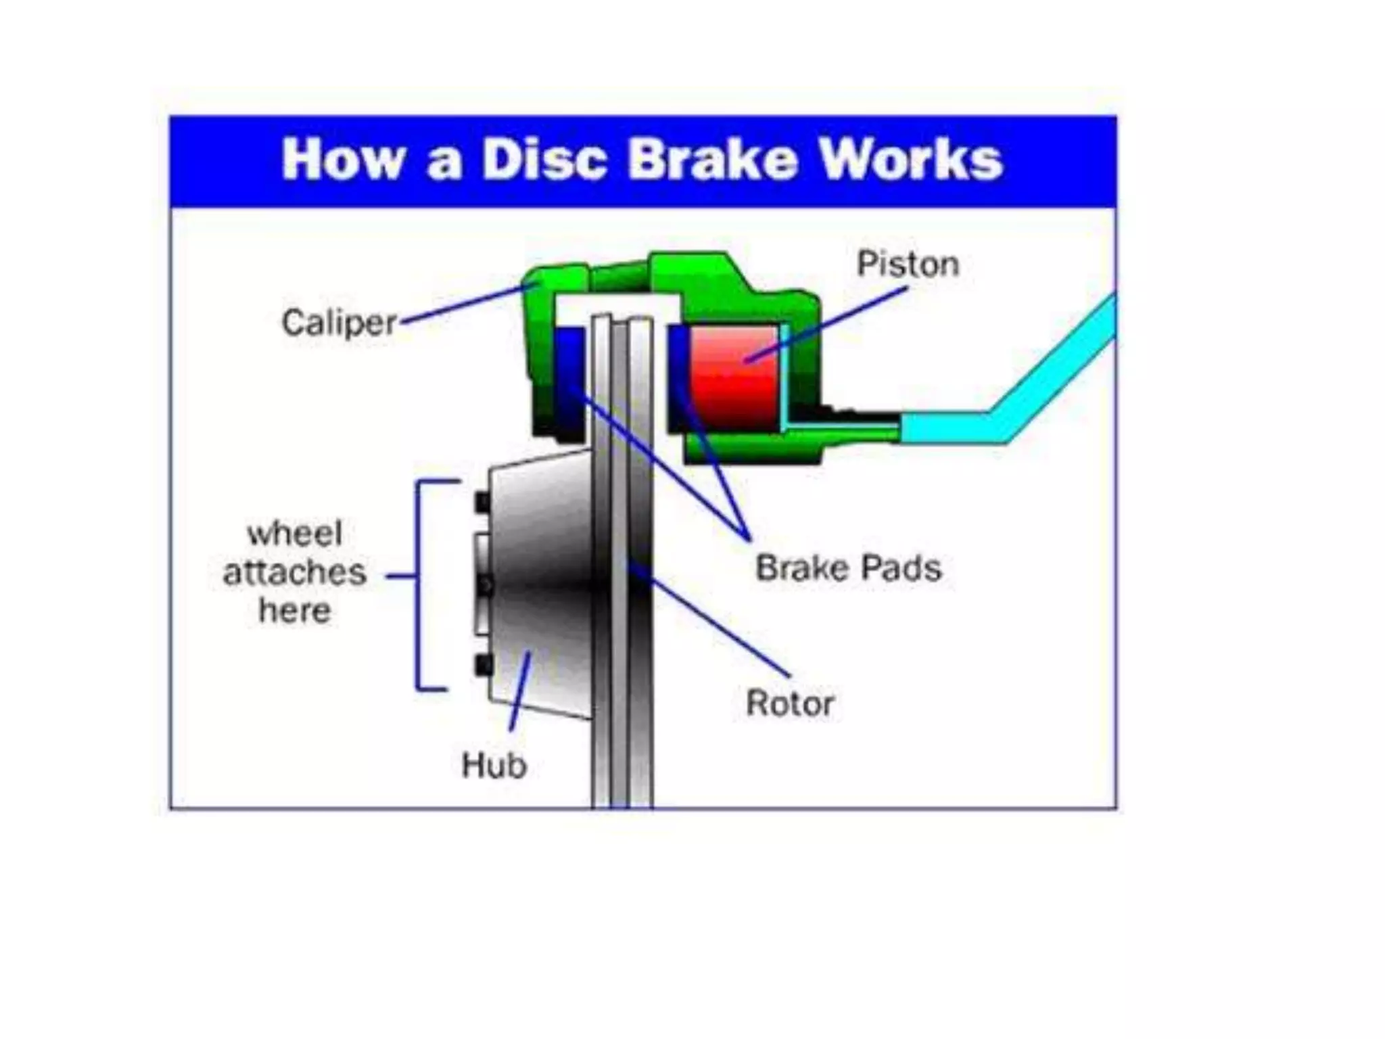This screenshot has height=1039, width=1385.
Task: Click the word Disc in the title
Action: pyautogui.click(x=544, y=160)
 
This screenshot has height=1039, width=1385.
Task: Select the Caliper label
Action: pyautogui.click(x=338, y=323)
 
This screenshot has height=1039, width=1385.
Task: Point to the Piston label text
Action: pyautogui.click(x=908, y=264)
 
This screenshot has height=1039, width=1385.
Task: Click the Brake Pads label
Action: pyautogui.click(x=848, y=568)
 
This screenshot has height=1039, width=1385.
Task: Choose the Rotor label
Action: pyautogui.click(x=789, y=703)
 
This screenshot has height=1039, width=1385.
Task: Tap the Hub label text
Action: pyautogui.click(x=494, y=766)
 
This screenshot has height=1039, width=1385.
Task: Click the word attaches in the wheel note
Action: pyautogui.click(x=295, y=572)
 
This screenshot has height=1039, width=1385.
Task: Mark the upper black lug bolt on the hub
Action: pyautogui.click(x=483, y=503)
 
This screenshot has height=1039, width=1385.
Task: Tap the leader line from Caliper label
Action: pyautogui.click(x=467, y=304)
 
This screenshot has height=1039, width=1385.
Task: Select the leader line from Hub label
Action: pyautogui.click(x=519, y=690)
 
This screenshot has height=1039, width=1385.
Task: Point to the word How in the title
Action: pyautogui.click(x=344, y=160)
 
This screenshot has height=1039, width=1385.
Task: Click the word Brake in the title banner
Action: pyautogui.click(x=713, y=160)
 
